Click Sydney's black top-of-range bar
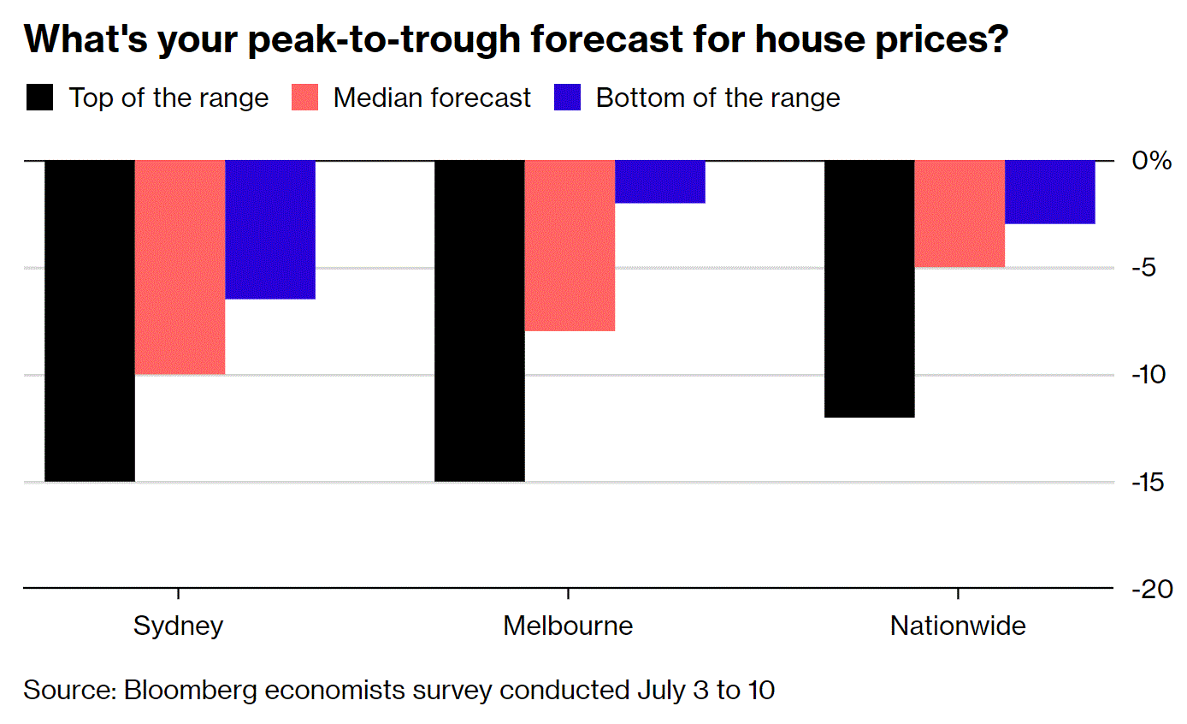click(x=90, y=321)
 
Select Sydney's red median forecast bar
click(x=180, y=267)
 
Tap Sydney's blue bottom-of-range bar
click(x=270, y=229)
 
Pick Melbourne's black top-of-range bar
click(x=480, y=321)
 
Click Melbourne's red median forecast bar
click(x=570, y=246)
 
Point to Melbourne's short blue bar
click(x=660, y=181)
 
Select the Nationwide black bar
click(x=869, y=288)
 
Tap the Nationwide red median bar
click(x=960, y=214)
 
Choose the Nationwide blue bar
click(x=1049, y=192)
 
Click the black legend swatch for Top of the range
click(x=39, y=98)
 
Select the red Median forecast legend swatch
click(x=305, y=98)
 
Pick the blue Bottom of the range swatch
click(x=568, y=98)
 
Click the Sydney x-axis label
click(x=178, y=626)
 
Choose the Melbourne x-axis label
click(x=568, y=626)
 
